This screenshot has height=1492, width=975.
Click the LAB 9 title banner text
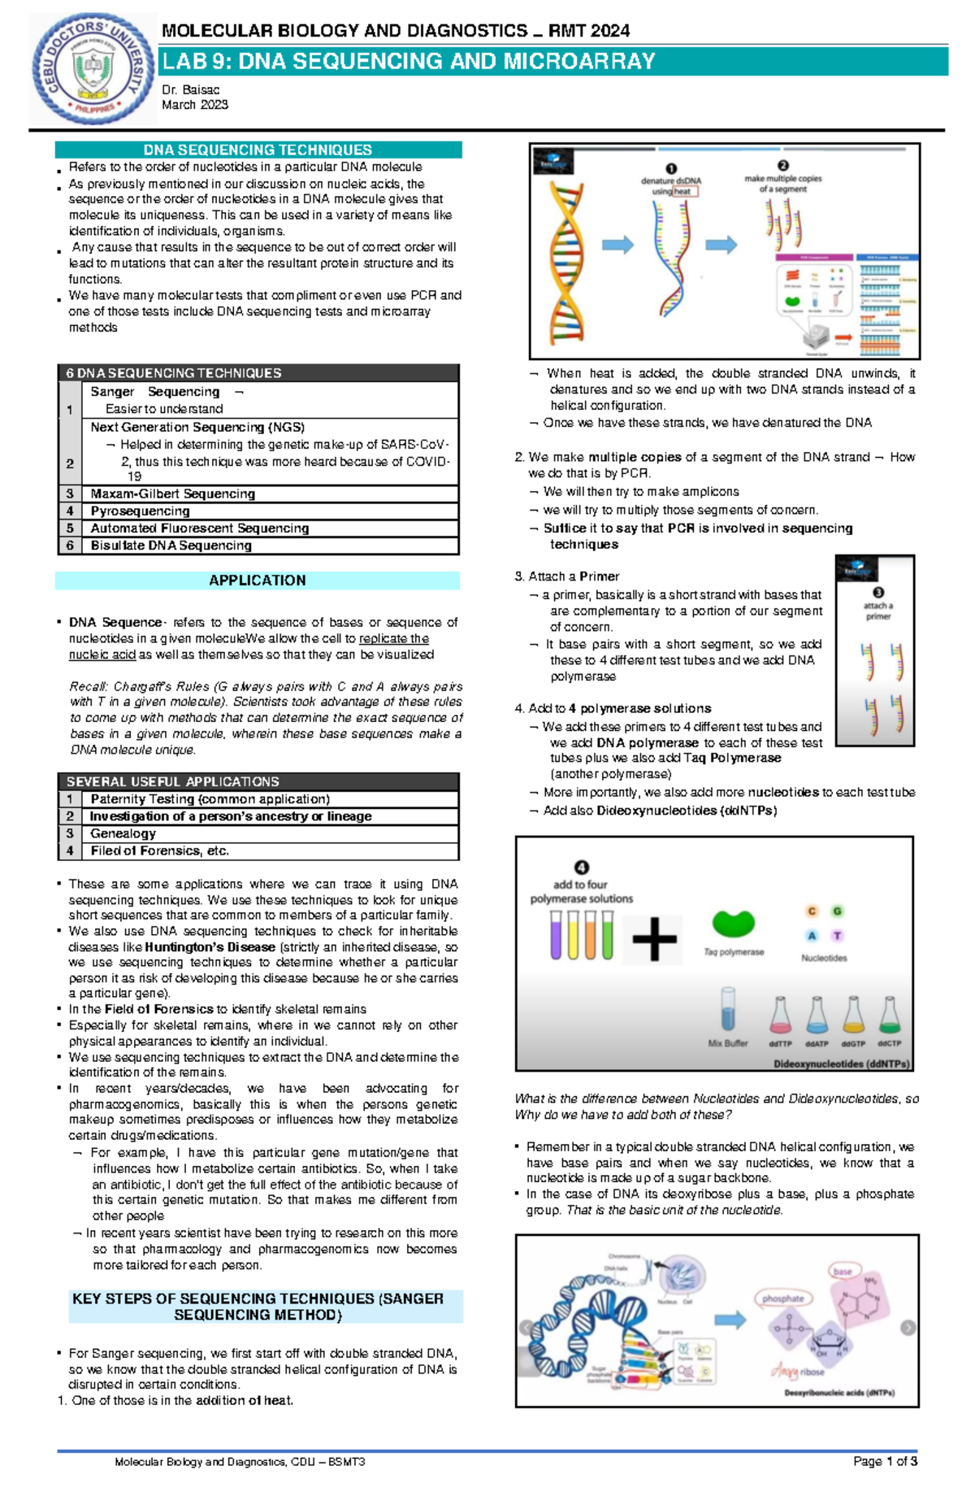409,62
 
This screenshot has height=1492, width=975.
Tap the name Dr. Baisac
190,89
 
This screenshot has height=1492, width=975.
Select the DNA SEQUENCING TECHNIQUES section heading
258,150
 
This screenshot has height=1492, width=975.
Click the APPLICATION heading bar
258,581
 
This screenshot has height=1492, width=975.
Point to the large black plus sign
654,940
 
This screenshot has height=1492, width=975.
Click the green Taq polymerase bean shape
733,924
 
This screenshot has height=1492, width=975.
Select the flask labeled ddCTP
890,1016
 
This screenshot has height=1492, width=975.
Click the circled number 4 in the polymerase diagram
582,868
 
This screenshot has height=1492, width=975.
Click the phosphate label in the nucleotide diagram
782,1298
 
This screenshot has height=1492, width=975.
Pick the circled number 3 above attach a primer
878,593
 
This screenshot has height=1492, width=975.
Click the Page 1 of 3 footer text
885,1461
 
